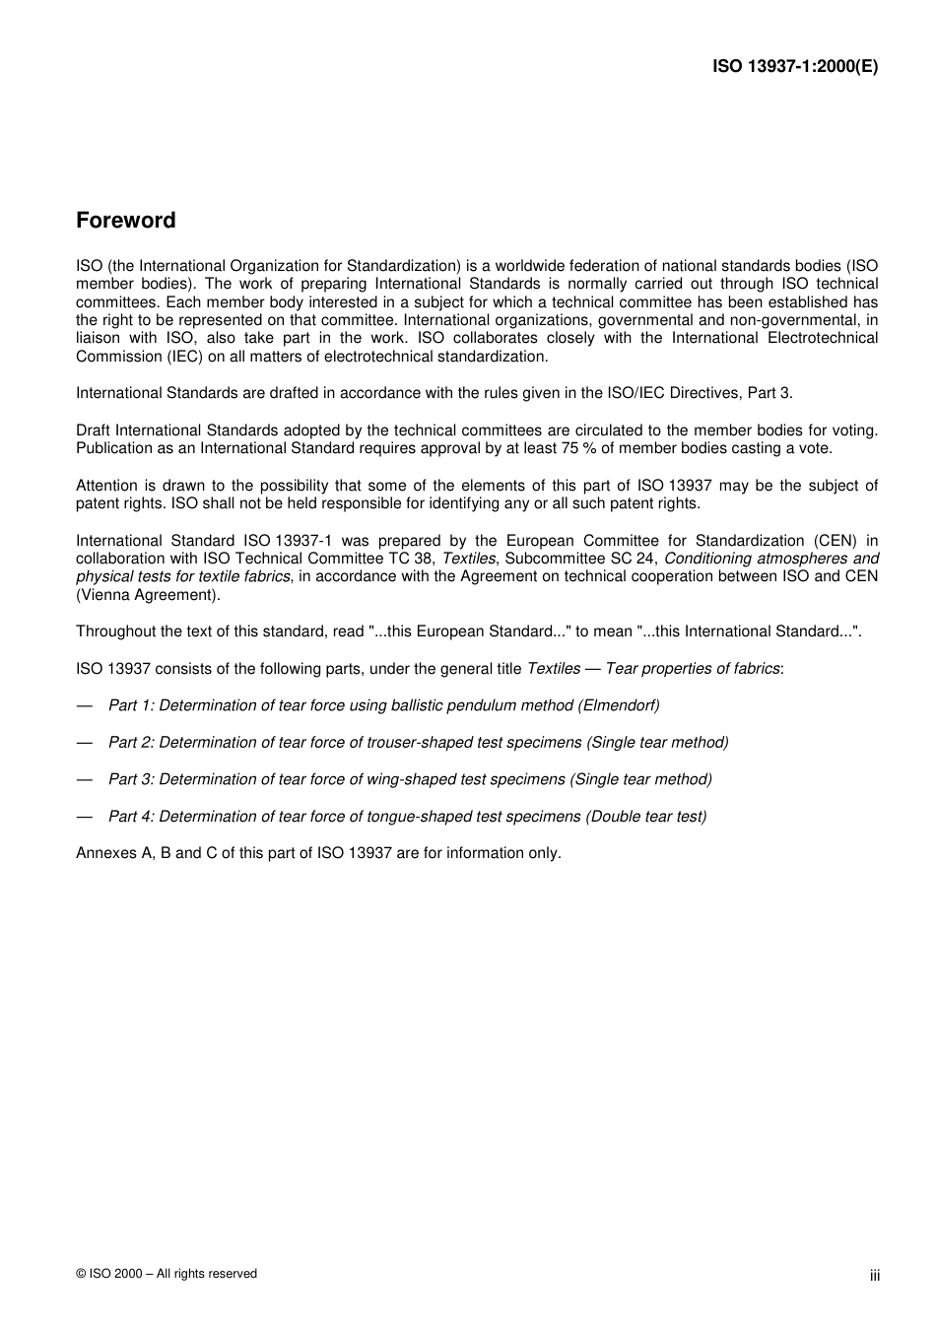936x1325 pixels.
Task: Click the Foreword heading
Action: click(x=125, y=221)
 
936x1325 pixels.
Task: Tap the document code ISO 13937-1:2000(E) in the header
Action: click(x=795, y=67)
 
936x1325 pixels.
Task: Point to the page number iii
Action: click(x=874, y=1276)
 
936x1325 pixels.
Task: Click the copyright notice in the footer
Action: click(x=166, y=1274)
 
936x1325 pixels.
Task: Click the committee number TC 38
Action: click(x=412, y=559)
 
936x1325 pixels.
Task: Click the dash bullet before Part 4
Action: click(x=85, y=817)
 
